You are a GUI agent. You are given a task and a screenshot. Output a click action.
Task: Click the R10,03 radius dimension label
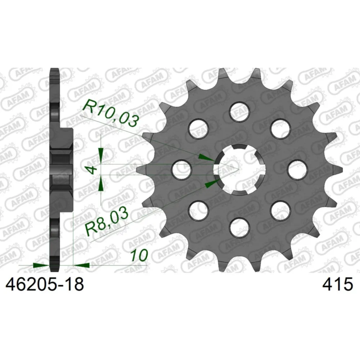click(111, 113)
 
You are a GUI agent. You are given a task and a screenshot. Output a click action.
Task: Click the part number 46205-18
click(45, 284)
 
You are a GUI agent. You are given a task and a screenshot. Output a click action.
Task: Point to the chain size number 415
click(337, 284)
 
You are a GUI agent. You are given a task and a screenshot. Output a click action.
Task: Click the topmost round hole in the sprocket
click(240, 111)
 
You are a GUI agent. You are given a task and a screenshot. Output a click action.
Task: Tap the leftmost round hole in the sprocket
click(182, 170)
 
